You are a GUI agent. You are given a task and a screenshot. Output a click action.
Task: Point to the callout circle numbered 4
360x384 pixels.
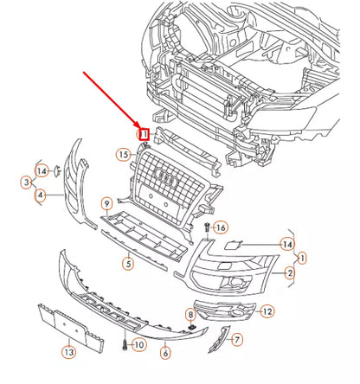tap(41, 195)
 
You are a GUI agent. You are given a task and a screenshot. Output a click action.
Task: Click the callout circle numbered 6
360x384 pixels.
tap(165, 353)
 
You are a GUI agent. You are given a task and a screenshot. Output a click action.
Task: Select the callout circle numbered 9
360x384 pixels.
tap(106, 204)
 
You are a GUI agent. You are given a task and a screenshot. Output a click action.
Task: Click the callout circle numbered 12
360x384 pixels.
tap(267, 310)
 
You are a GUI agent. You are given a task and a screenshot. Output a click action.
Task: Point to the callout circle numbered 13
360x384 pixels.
tap(68, 351)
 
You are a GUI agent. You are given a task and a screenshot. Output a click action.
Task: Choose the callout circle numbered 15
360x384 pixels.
tap(124, 155)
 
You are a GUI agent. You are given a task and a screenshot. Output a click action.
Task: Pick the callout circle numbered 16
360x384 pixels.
tap(220, 227)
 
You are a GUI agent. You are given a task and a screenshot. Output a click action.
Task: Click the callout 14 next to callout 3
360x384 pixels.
tap(42, 169)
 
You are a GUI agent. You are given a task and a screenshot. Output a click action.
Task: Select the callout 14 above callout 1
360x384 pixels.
tap(286, 245)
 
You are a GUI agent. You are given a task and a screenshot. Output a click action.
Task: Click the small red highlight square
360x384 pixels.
tap(145, 133)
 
